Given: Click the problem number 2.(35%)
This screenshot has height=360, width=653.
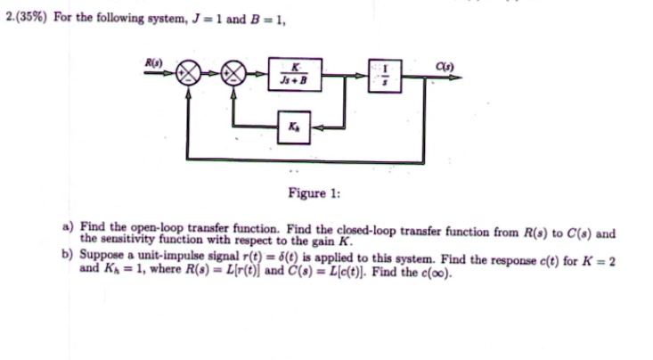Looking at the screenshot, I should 24,18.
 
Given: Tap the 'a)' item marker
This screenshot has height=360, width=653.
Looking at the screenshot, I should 68,227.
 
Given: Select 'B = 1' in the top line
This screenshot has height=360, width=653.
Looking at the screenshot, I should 263,18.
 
